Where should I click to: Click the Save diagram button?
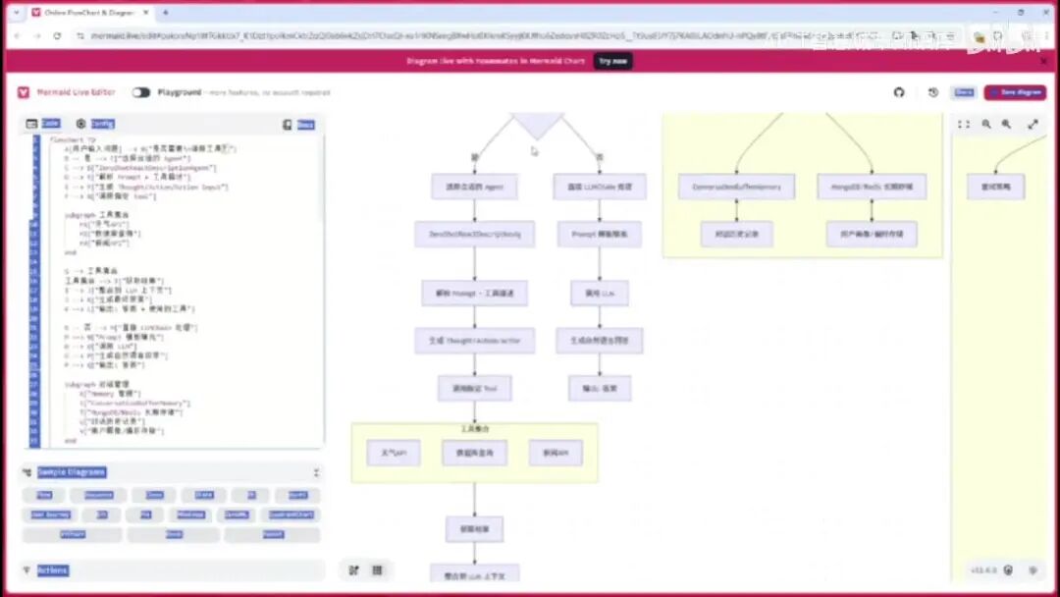[x=1015, y=92]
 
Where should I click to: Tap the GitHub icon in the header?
[x=899, y=92]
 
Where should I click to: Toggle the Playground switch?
[x=141, y=92]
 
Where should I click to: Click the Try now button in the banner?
[x=612, y=61]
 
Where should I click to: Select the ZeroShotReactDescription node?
[x=474, y=234]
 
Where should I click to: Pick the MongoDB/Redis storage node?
[x=872, y=187]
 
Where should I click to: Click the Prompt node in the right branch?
[x=600, y=234]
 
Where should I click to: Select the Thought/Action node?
[x=474, y=341]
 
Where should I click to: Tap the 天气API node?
[x=394, y=453]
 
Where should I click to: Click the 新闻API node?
[x=556, y=453]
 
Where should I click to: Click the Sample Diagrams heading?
[x=71, y=472]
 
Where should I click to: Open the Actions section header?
[x=53, y=570]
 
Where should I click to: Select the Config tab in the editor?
[x=102, y=124]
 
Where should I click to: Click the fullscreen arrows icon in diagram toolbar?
[x=1033, y=125]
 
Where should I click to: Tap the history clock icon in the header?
[x=932, y=92]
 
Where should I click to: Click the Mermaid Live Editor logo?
[x=24, y=92]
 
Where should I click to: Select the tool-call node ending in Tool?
[x=474, y=388]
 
